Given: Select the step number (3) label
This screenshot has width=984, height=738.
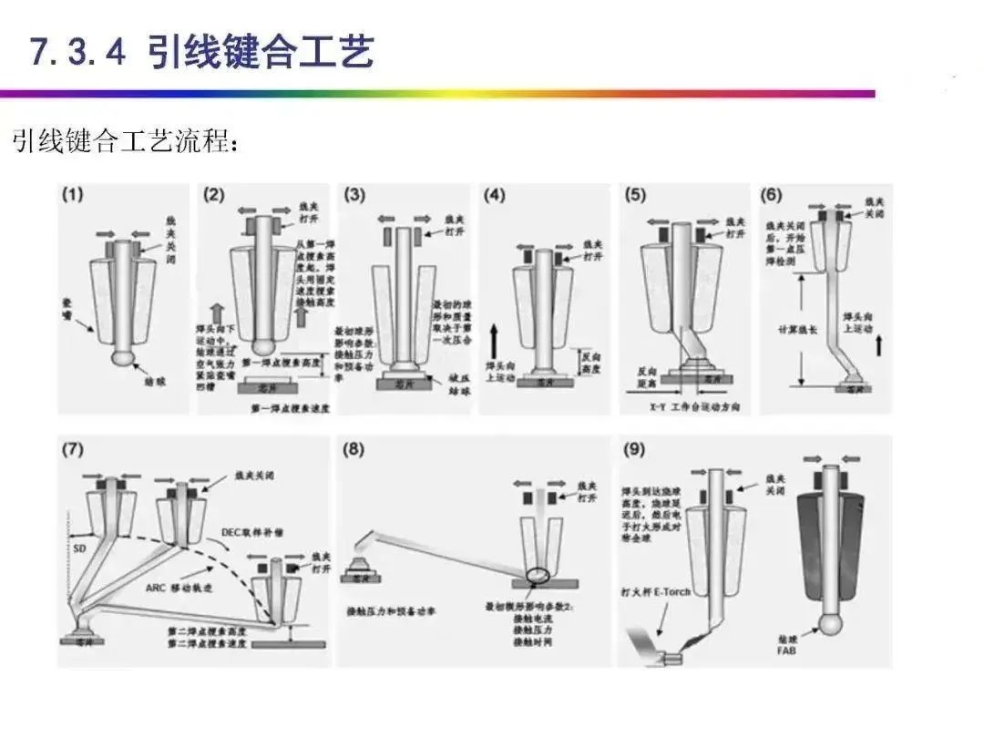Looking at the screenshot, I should click(x=355, y=195).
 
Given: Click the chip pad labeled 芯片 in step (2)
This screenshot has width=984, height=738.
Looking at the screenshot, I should click(x=270, y=387).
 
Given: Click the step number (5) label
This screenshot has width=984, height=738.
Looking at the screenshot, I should click(x=636, y=195).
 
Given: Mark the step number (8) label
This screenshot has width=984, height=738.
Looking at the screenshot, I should click(x=355, y=449).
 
